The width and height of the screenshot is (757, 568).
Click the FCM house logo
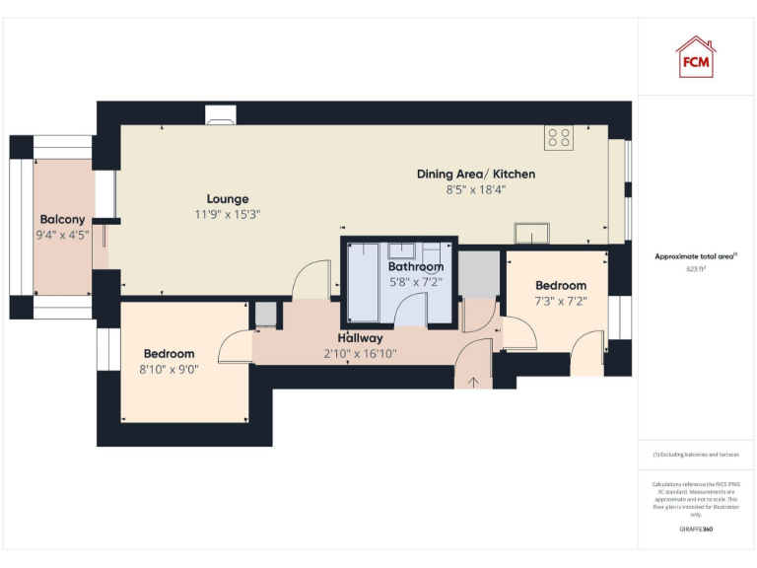click(695, 57)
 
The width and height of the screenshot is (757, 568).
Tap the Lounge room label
click(228, 199)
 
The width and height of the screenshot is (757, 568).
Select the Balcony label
click(62, 220)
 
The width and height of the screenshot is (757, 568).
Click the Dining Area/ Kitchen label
click(476, 175)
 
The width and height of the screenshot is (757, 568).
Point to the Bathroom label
click(415, 267)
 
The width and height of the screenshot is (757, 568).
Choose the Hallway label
click(360, 339)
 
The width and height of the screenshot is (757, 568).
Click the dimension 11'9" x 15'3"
click(228, 214)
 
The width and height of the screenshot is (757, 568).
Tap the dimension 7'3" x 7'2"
click(561, 301)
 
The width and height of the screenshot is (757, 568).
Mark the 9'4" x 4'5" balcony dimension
click(62, 235)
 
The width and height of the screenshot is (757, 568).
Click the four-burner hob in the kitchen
click(560, 139)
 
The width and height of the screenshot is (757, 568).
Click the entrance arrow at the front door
click(471, 381)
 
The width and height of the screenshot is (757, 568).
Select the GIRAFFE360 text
click(696, 530)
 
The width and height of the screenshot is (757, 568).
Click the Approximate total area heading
click(696, 256)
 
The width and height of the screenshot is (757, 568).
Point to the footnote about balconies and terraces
click(696, 455)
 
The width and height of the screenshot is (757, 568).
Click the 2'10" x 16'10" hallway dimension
click(360, 353)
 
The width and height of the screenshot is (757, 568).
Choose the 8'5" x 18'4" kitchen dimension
click(476, 189)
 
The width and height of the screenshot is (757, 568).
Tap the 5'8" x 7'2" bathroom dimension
click(415, 282)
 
